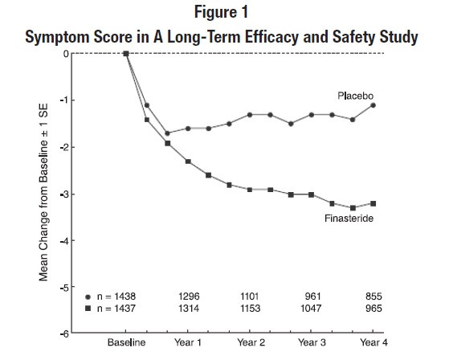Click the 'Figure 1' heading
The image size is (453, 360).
pos(221,12)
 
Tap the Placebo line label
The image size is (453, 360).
pos(355,96)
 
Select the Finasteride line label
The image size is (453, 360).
pos(349,218)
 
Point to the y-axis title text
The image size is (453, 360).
pos(43,193)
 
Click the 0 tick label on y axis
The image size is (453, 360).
pos(67,54)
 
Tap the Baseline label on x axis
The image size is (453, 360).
pos(126,342)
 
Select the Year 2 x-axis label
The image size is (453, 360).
pos(251,342)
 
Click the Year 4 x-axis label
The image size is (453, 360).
pos(373,342)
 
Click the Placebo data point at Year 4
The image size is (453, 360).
pos(373,105)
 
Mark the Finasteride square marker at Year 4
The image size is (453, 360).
pos(373,203)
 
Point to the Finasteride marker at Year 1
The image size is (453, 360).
pos(188,162)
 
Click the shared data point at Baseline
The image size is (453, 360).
pos(126,54)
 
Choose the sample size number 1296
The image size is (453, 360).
pos(189,297)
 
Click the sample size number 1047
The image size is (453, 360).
pos(311,309)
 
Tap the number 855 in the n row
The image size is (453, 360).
pos(373,297)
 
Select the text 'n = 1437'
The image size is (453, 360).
pos(116,309)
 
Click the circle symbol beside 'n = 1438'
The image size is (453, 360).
pos(88,297)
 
